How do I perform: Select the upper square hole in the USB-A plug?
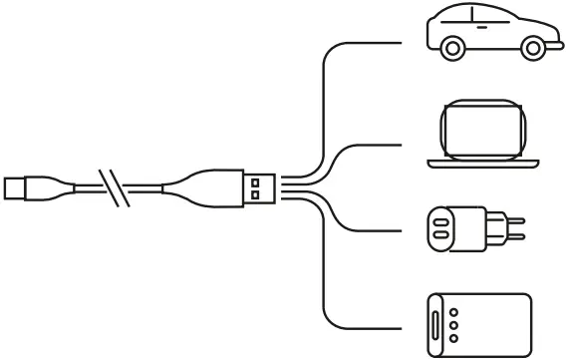click(x=255, y=180)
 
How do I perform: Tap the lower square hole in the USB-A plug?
click(x=255, y=194)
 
